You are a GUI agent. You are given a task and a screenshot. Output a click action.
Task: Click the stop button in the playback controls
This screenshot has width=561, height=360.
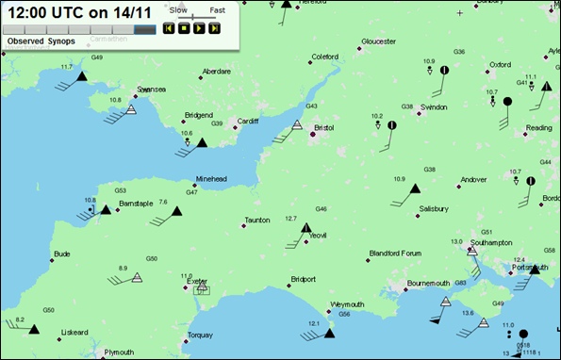tap(184, 28)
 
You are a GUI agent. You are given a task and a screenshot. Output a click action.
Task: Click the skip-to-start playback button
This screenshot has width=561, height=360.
tap(169, 28)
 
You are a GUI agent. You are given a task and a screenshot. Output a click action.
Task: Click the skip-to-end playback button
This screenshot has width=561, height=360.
tap(215, 28)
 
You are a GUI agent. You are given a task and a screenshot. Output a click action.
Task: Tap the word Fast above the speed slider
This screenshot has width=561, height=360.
tap(218, 9)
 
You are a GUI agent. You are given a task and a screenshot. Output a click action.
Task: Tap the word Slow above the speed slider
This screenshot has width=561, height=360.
tap(177, 9)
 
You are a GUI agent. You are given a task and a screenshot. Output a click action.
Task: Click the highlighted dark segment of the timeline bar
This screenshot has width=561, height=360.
tap(145, 29)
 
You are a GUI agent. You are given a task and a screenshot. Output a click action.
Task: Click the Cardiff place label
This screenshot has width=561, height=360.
tap(248, 121)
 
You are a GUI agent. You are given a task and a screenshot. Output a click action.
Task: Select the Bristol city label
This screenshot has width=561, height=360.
tap(324, 126)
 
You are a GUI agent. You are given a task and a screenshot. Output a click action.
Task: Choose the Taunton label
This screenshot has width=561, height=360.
tap(257, 221)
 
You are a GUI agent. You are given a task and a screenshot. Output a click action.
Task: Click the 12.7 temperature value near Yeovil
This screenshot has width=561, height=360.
tap(290, 219)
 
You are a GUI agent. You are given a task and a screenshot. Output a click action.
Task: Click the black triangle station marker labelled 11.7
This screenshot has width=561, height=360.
tap(82, 76)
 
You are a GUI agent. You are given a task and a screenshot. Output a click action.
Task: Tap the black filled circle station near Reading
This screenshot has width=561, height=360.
tap(507, 101)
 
